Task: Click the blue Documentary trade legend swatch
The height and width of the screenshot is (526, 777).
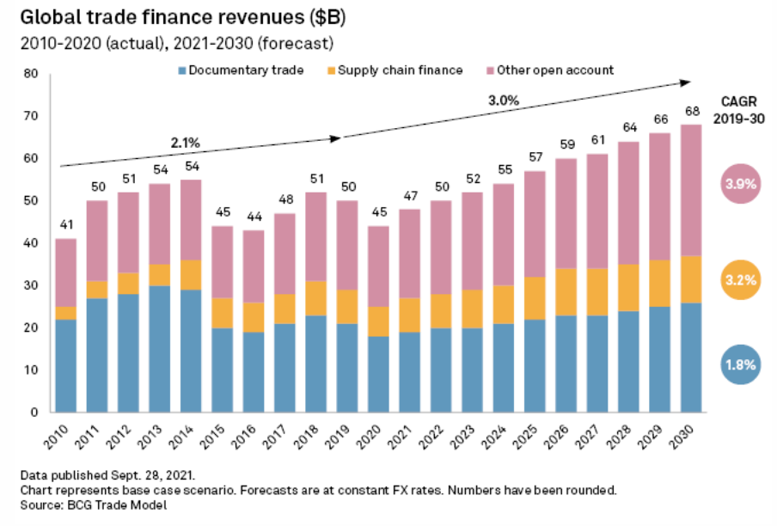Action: (x=182, y=70)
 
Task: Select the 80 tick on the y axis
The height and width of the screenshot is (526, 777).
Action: (x=31, y=74)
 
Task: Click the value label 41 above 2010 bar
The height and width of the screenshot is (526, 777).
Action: (x=65, y=224)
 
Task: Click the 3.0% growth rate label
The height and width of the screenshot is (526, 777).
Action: (x=503, y=100)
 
